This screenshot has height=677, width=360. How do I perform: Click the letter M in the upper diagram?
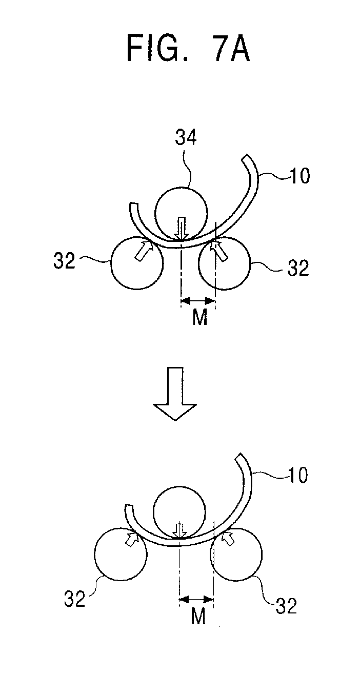[x=199, y=318]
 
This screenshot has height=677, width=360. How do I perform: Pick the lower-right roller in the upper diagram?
[x=224, y=262]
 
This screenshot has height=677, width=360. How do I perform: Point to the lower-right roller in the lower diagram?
[x=236, y=555]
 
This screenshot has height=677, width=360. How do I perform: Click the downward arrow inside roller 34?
[x=181, y=228]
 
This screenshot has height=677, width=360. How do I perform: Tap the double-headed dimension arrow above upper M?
[x=198, y=301]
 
